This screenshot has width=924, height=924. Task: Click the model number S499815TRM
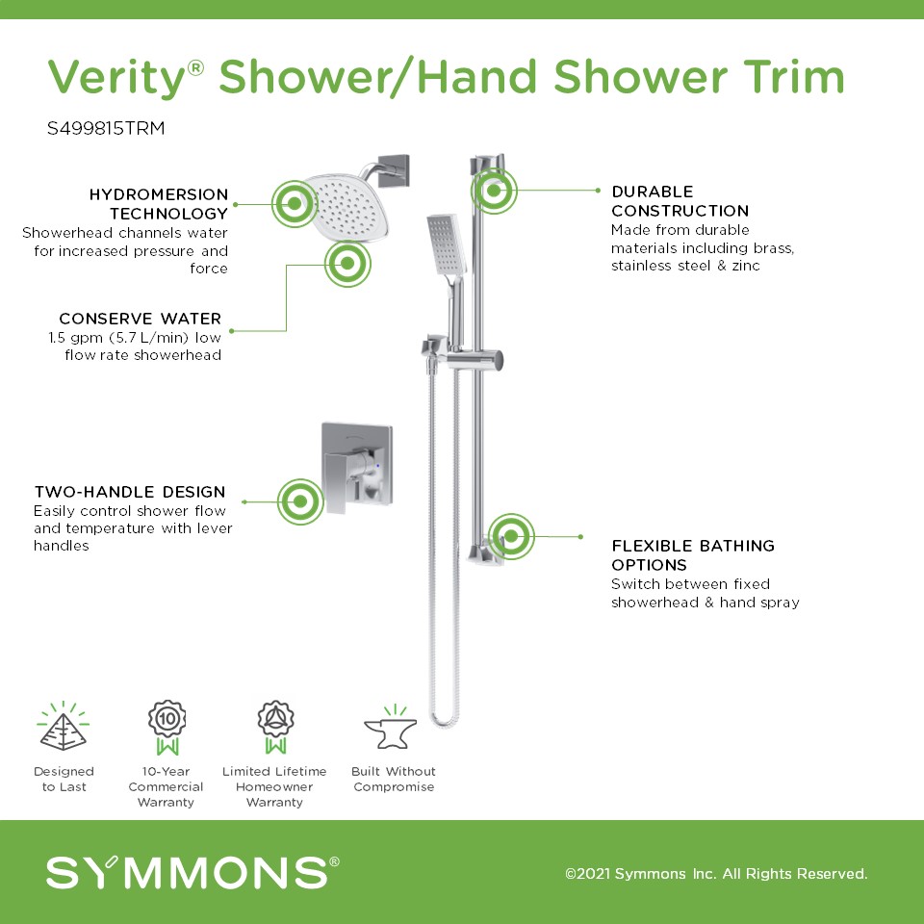pos(106,128)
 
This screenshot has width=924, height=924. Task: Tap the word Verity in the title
pos(116,78)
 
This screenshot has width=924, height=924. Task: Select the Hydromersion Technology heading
pos(159,204)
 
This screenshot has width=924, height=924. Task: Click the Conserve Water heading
pos(141,319)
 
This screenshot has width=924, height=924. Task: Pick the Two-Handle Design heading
pos(130,492)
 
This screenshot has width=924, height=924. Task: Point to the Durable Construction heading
pos(680,201)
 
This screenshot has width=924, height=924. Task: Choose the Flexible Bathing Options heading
pos(693,555)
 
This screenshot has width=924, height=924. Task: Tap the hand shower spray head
pos(447,245)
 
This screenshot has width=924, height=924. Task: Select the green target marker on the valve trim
pos(300,501)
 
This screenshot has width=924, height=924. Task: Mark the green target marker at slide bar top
pos(494,191)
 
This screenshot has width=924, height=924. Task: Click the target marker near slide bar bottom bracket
pos(511,536)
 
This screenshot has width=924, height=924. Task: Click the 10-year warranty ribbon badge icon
pos(167,728)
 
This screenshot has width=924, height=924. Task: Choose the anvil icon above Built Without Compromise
pos(391,728)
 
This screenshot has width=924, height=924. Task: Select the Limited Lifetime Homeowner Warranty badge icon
pos(275,728)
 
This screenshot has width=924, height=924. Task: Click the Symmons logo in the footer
pos(192,872)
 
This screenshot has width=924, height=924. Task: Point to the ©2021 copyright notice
pos(716,873)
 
